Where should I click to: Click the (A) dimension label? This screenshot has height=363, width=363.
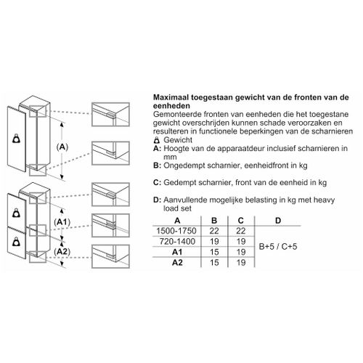[62, 147]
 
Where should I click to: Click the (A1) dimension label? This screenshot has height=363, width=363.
[62, 222]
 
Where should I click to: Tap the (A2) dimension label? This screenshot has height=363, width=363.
[62, 252]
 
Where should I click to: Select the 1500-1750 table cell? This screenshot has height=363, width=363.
[176, 231]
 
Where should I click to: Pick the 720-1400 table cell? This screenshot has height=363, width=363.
[177, 242]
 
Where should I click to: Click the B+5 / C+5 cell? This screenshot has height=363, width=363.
[278, 247]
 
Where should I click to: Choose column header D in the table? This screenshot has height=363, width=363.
[278, 221]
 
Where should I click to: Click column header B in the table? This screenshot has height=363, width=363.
[214, 221]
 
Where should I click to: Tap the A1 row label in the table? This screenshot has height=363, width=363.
[177, 252]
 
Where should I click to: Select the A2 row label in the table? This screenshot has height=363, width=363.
[177, 263]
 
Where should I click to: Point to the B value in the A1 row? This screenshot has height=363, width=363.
[214, 252]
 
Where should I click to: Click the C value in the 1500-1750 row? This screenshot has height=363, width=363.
[241, 231]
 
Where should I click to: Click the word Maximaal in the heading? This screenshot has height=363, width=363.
[171, 97]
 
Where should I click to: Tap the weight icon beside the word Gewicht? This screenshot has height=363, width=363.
[157, 140]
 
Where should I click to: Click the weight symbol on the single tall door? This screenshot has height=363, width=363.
[17, 139]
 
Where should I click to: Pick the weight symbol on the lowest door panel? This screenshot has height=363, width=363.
[17, 242]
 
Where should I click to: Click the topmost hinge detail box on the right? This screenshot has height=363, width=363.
[110, 115]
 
